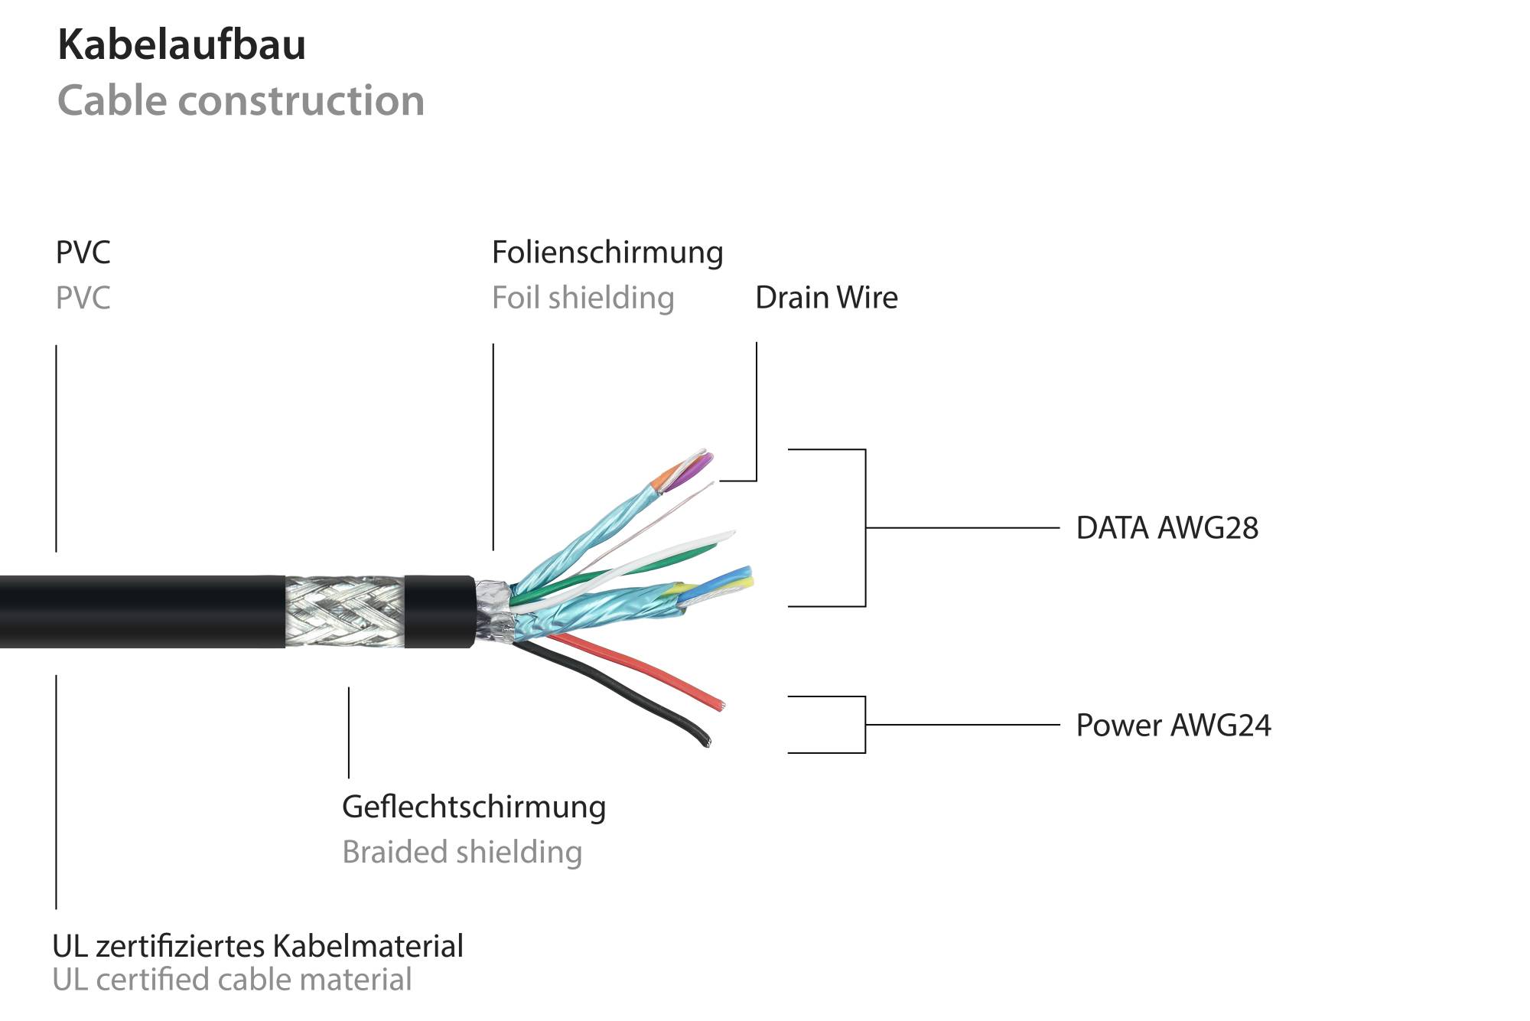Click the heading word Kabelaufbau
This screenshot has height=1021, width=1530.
(x=181, y=44)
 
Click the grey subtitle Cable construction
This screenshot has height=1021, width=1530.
(x=241, y=101)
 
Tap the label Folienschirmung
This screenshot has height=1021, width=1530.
(x=607, y=253)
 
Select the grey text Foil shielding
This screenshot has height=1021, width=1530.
(x=583, y=298)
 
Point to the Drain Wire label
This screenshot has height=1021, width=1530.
(x=826, y=298)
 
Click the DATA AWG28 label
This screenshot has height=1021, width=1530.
(x=1167, y=528)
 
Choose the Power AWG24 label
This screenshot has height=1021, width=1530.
(x=1173, y=725)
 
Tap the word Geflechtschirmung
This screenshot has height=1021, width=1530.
(x=474, y=807)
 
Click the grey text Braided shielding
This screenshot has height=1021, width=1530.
(x=462, y=852)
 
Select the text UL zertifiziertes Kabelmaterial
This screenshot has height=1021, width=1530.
(x=258, y=946)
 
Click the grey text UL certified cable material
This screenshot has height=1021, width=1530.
(x=232, y=980)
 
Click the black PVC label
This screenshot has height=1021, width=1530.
(x=83, y=253)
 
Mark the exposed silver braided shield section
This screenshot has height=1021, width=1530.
(x=344, y=611)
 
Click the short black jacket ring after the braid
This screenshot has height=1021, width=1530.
(x=438, y=611)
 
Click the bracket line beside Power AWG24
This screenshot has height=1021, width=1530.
(x=865, y=725)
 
